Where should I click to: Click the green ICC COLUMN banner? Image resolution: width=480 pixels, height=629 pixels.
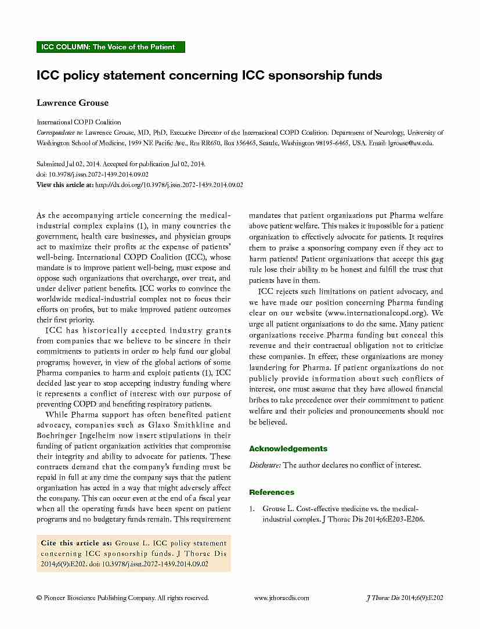(110, 47)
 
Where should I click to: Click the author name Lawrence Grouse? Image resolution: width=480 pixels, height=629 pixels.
(73, 103)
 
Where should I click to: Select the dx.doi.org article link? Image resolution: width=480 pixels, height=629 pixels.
(168, 185)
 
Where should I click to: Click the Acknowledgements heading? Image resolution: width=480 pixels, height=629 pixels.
(288, 448)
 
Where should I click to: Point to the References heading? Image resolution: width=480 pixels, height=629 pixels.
(272, 492)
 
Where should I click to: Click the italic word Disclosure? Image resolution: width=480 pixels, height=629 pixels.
(265, 465)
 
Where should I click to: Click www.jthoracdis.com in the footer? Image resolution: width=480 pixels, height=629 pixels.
(281, 598)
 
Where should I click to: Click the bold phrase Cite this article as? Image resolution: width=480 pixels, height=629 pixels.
(76, 542)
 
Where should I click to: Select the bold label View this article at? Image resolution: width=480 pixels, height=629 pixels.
(64, 185)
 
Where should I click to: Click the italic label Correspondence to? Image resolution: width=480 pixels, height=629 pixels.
(57, 133)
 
